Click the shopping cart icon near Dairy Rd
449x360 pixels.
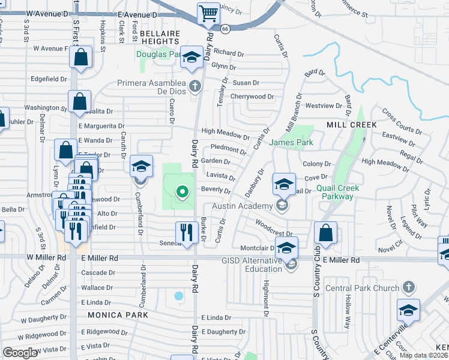[x=208, y=13]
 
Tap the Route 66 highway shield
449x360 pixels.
[x=225, y=28]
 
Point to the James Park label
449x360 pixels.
[x=291, y=142]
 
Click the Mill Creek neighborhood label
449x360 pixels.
[x=351, y=124]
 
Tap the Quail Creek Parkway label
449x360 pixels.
[x=337, y=192]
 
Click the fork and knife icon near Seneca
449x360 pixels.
[x=187, y=232]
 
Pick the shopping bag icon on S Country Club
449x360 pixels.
[x=325, y=232]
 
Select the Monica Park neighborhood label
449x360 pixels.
[x=117, y=315]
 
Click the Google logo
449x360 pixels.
[x=20, y=353]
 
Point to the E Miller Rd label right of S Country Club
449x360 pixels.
[x=341, y=260]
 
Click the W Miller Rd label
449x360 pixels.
[x=46, y=257]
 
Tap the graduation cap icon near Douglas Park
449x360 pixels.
[x=192, y=57]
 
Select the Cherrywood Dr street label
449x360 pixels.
[x=252, y=96]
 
